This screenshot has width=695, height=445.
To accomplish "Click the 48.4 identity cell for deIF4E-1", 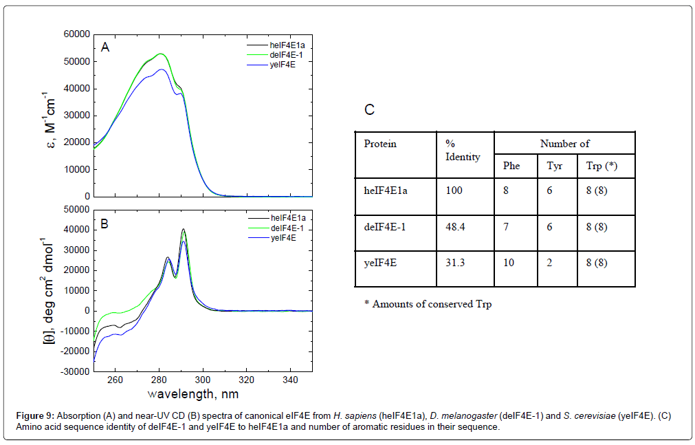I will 456,226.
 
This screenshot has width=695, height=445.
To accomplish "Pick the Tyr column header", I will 554,166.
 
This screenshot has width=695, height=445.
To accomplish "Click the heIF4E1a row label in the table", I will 386,191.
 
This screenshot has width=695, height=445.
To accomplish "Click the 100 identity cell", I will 454,191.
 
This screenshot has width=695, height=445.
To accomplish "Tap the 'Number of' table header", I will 564,144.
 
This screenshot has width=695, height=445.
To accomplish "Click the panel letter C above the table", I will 369,110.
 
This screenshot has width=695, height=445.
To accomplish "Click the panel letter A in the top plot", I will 105,47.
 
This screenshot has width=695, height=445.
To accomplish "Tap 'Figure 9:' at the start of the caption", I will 35,417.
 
